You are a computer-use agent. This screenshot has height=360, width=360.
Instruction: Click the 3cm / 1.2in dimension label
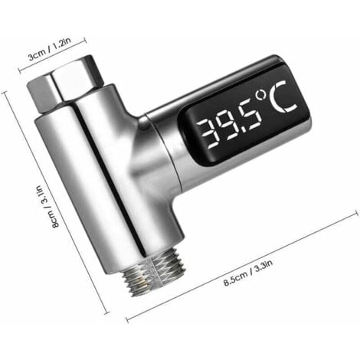pyautogui.click(x=50, y=49)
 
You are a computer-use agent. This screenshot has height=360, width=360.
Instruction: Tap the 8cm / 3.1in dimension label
pyautogui.click(x=47, y=207)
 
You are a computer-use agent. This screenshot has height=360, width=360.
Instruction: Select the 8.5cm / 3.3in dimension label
pyautogui.click(x=248, y=273)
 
